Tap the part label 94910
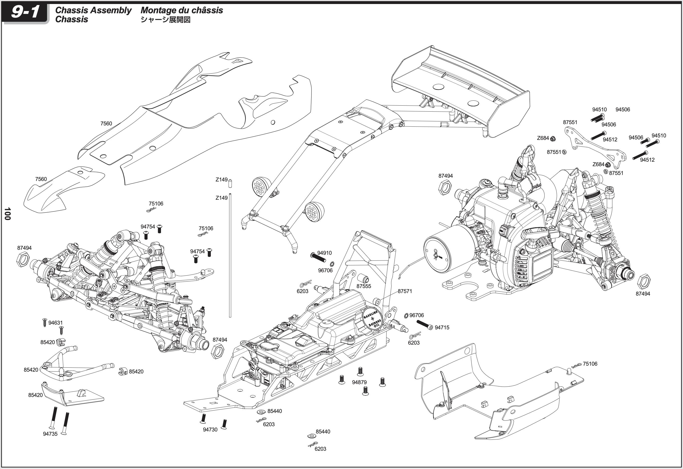[x=324, y=253]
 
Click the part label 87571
[x=405, y=291]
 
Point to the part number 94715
[x=442, y=327]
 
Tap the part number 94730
[x=210, y=430]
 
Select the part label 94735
[x=50, y=434]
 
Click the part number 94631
[x=56, y=323]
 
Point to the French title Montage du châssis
[x=182, y=10]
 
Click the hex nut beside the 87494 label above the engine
[x=445, y=187]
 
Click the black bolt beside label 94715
[x=425, y=324]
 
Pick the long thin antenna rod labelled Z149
[x=230, y=256]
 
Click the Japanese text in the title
[x=165, y=20]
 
